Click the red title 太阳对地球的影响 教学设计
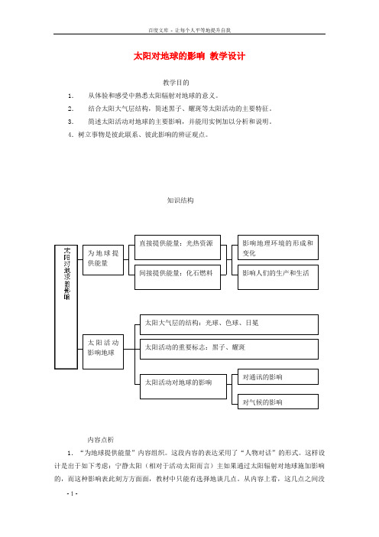tap(189, 56)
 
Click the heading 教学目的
tap(176, 83)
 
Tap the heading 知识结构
tap(180, 200)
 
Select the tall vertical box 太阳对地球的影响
tap(66, 307)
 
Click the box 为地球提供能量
tap(103, 260)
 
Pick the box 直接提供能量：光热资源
tap(177, 247)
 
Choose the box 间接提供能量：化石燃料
tap(177, 277)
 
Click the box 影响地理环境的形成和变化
tap(278, 247)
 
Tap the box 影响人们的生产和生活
tap(278, 277)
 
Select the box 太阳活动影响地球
tap(103, 352)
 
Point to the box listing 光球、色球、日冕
tap(229, 324)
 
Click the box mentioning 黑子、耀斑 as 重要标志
tap(229, 349)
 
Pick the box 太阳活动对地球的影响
tap(183, 386)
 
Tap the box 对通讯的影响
tap(278, 376)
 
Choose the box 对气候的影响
tap(278, 402)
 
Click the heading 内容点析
tap(101, 440)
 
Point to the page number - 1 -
tap(72, 493)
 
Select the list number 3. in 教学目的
tap(71, 122)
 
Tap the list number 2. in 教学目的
tap(71, 109)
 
